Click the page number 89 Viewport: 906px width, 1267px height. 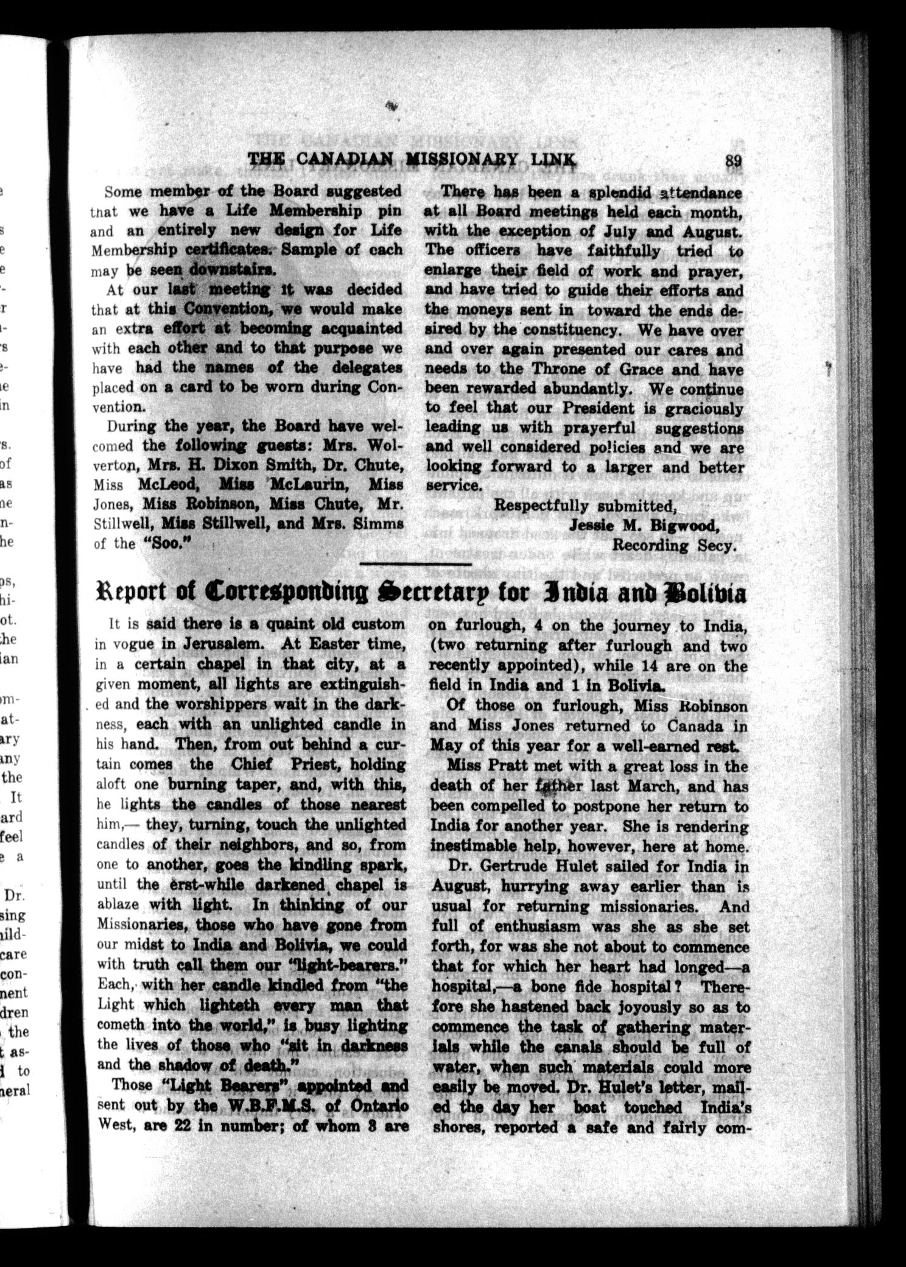(x=732, y=161)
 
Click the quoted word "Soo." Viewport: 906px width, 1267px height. (x=167, y=543)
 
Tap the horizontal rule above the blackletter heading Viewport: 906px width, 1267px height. (x=416, y=565)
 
